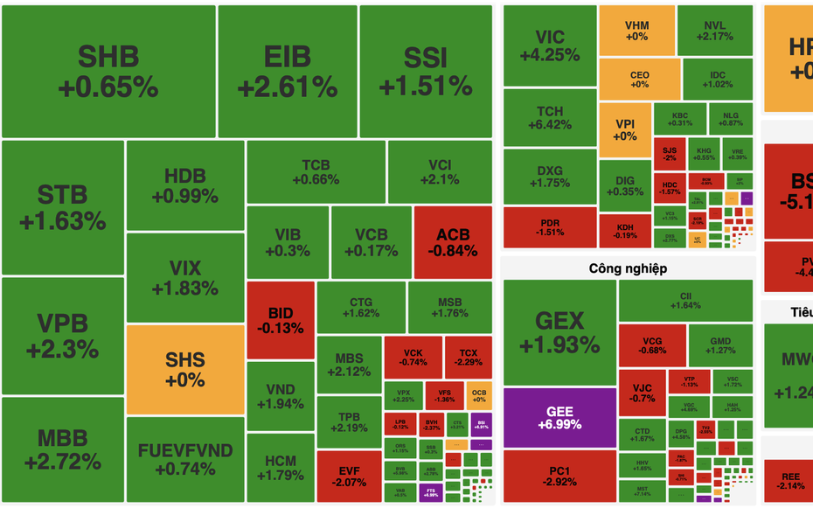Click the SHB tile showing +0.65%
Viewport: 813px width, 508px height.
click(108, 71)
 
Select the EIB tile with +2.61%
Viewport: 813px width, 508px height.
click(287, 71)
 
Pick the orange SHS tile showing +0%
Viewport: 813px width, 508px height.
click(185, 369)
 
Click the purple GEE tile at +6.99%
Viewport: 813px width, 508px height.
click(559, 418)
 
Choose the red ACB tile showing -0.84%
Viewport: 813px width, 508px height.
click(453, 242)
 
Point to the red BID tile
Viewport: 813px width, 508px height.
click(281, 320)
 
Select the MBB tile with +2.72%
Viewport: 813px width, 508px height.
click(62, 449)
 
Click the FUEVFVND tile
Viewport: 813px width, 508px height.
click(185, 459)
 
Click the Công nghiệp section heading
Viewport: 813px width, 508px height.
click(628, 268)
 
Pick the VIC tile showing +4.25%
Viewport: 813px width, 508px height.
click(550, 45)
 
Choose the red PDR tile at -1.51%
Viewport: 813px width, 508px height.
click(550, 227)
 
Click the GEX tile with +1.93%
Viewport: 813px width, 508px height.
click(559, 332)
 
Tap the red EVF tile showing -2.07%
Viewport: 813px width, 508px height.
click(349, 477)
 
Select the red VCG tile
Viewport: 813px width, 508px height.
click(652, 345)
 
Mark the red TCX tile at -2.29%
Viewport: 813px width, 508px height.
click(468, 357)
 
